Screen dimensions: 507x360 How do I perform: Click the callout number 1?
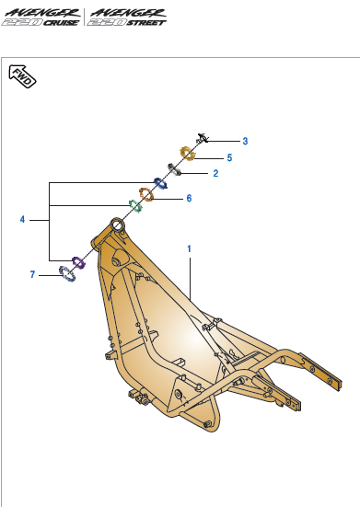(189, 248)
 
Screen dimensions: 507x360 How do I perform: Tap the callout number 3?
(245, 142)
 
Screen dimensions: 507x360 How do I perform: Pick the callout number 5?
(229, 157)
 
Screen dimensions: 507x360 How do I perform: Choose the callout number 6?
(189, 198)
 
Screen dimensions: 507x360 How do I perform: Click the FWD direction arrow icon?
(22, 80)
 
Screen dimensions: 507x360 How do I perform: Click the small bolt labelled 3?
(204, 139)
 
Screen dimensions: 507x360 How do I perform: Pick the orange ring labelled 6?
(145, 195)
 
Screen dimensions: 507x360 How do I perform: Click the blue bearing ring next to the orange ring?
(160, 182)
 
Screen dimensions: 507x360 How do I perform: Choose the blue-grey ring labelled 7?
(66, 274)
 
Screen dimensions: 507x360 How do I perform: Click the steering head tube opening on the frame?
(117, 224)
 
